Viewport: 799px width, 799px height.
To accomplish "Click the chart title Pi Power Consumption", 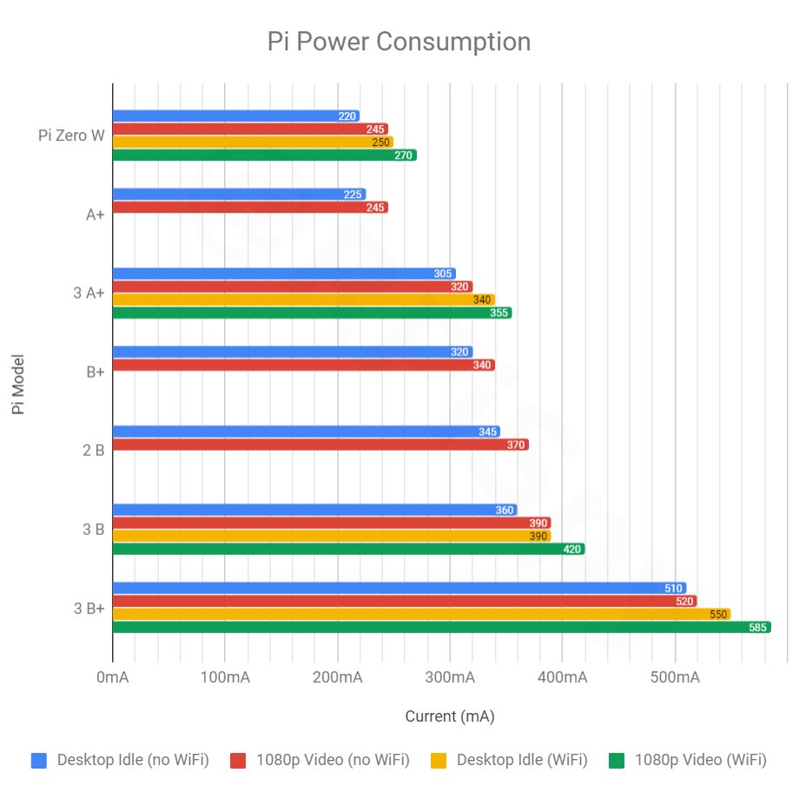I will tap(399, 42).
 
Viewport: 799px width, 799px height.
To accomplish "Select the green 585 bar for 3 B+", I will tap(441, 627).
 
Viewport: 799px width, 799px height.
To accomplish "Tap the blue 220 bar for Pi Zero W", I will tap(235, 116).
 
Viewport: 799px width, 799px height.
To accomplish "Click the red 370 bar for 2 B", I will tap(320, 445).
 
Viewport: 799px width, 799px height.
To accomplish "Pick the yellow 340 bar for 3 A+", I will tap(303, 300).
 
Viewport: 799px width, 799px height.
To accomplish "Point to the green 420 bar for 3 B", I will tap(347, 549).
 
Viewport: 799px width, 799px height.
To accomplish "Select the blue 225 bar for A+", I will tap(239, 195).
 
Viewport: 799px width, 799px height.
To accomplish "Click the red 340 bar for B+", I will tap(303, 366).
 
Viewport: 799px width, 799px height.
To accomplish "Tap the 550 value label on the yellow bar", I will tap(718, 614).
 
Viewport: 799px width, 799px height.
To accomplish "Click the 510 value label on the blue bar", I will tap(673, 588).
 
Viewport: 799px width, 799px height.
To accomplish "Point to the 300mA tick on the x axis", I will tap(449, 677).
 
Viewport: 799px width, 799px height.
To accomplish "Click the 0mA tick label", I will tap(113, 677).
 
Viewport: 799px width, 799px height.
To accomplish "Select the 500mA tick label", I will tap(674, 677).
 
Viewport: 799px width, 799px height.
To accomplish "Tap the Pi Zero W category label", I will tap(71, 135).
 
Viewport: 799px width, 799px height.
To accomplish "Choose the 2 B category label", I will tap(94, 451).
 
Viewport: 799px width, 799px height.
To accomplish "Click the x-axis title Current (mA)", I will tap(449, 716).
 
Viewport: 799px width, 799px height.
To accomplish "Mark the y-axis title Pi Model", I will tap(18, 383).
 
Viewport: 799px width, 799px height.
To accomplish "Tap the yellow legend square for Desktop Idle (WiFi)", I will tap(439, 760).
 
